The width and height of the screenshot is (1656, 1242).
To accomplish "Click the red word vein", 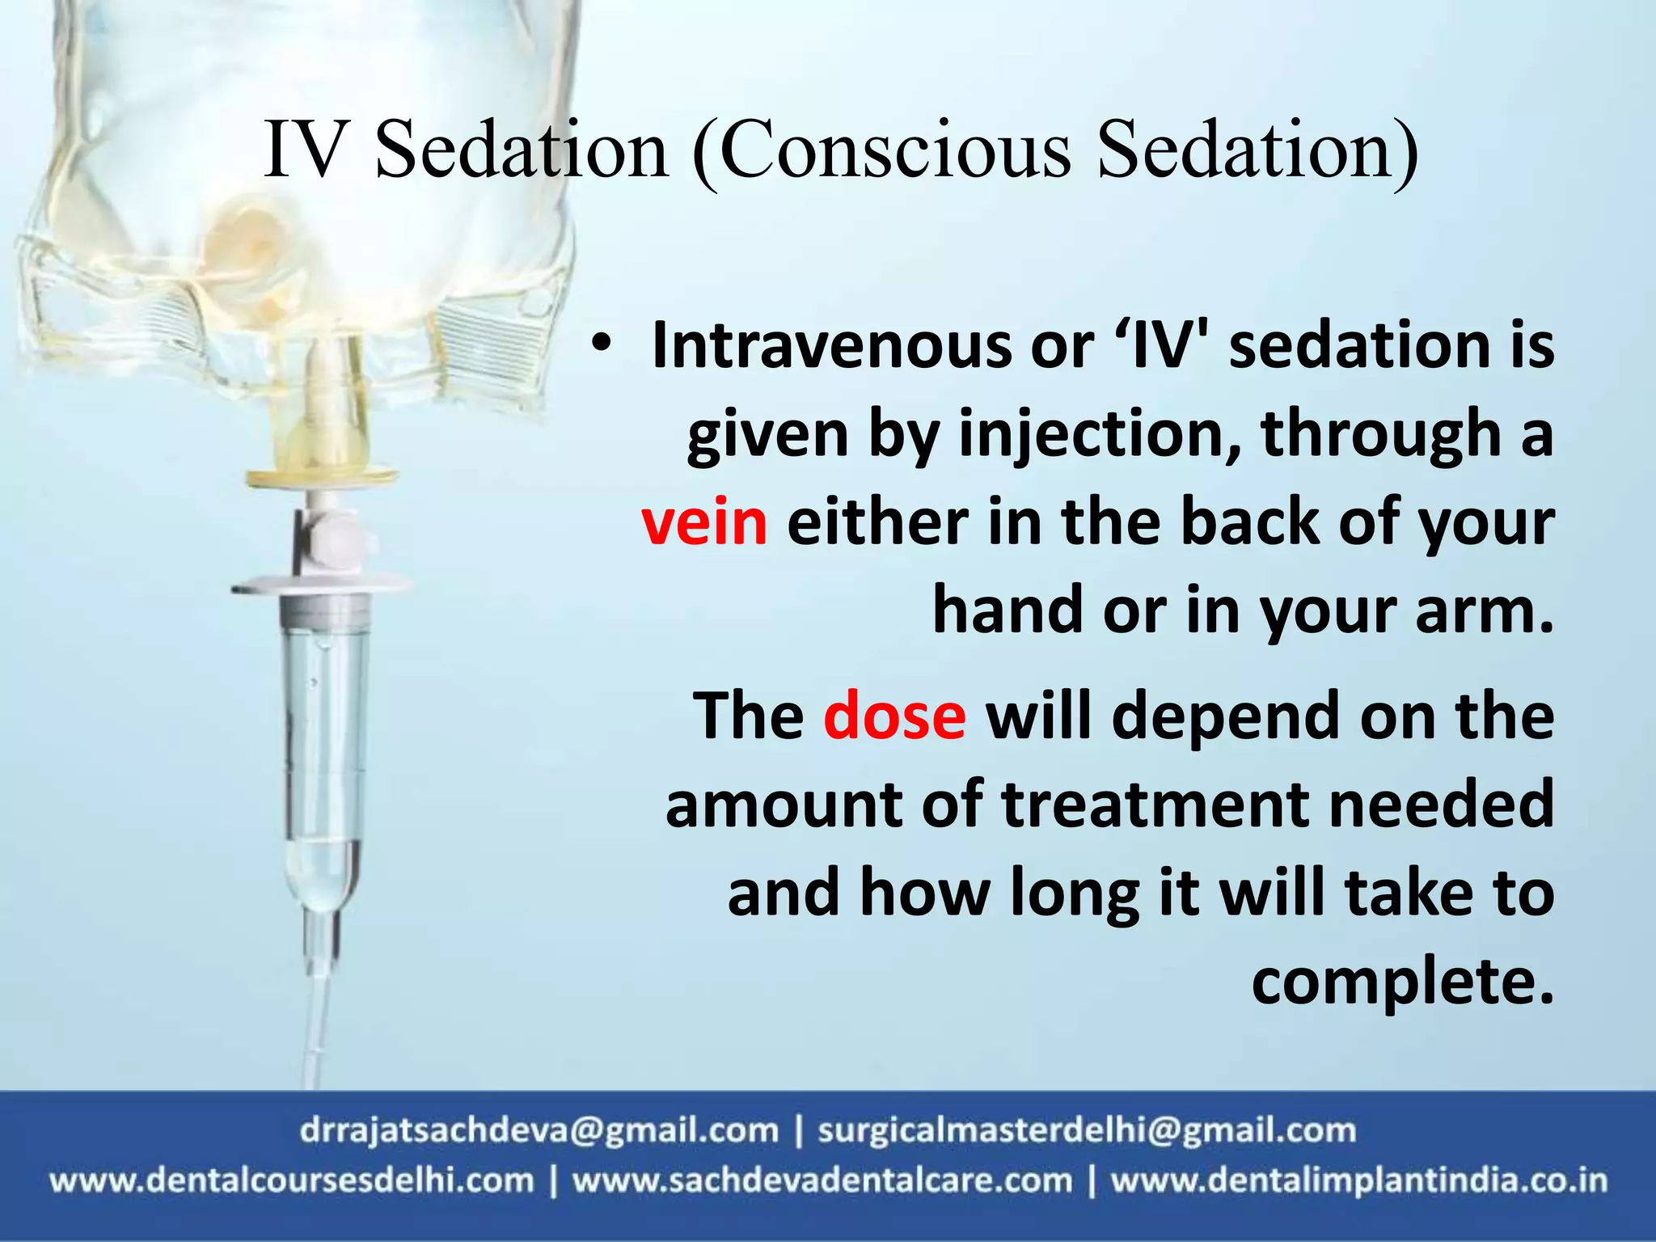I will click(703, 522).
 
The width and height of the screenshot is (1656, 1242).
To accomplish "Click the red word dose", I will click(894, 716).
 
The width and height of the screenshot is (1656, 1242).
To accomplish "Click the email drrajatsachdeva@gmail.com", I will click(539, 1130).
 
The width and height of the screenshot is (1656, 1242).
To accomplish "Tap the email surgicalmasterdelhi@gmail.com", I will click(1086, 1130).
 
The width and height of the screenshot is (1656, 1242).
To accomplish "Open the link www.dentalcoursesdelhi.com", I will click(292, 1181).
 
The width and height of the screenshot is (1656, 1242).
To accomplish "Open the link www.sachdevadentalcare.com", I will click(822, 1181).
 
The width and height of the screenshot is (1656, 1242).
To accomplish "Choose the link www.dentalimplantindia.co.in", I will click(1358, 1181).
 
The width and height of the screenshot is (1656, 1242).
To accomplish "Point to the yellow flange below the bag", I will click(323, 477).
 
